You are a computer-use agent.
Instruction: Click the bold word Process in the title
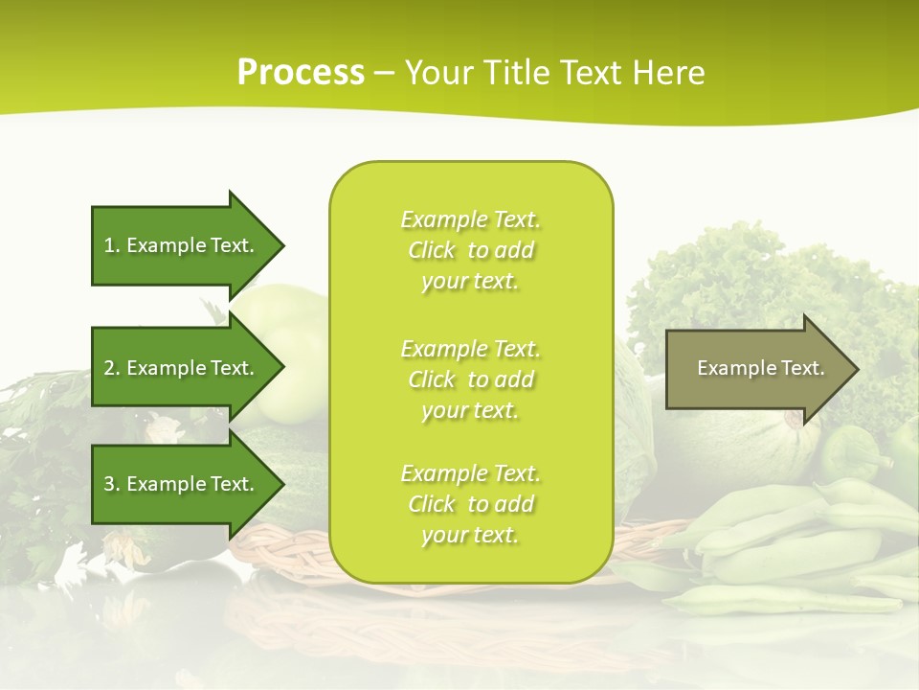pos(301,73)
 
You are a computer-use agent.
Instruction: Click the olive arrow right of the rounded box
pos(756,368)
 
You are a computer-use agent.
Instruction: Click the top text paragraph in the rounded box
pos(470,250)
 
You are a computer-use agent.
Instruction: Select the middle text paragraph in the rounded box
pos(470,379)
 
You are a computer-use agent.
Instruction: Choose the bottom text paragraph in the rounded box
pos(470,504)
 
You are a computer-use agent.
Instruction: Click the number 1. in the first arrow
pos(112,245)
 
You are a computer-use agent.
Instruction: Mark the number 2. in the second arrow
pos(112,368)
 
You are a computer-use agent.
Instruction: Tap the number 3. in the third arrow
pos(112,484)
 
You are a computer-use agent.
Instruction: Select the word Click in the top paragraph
pos(432,250)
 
